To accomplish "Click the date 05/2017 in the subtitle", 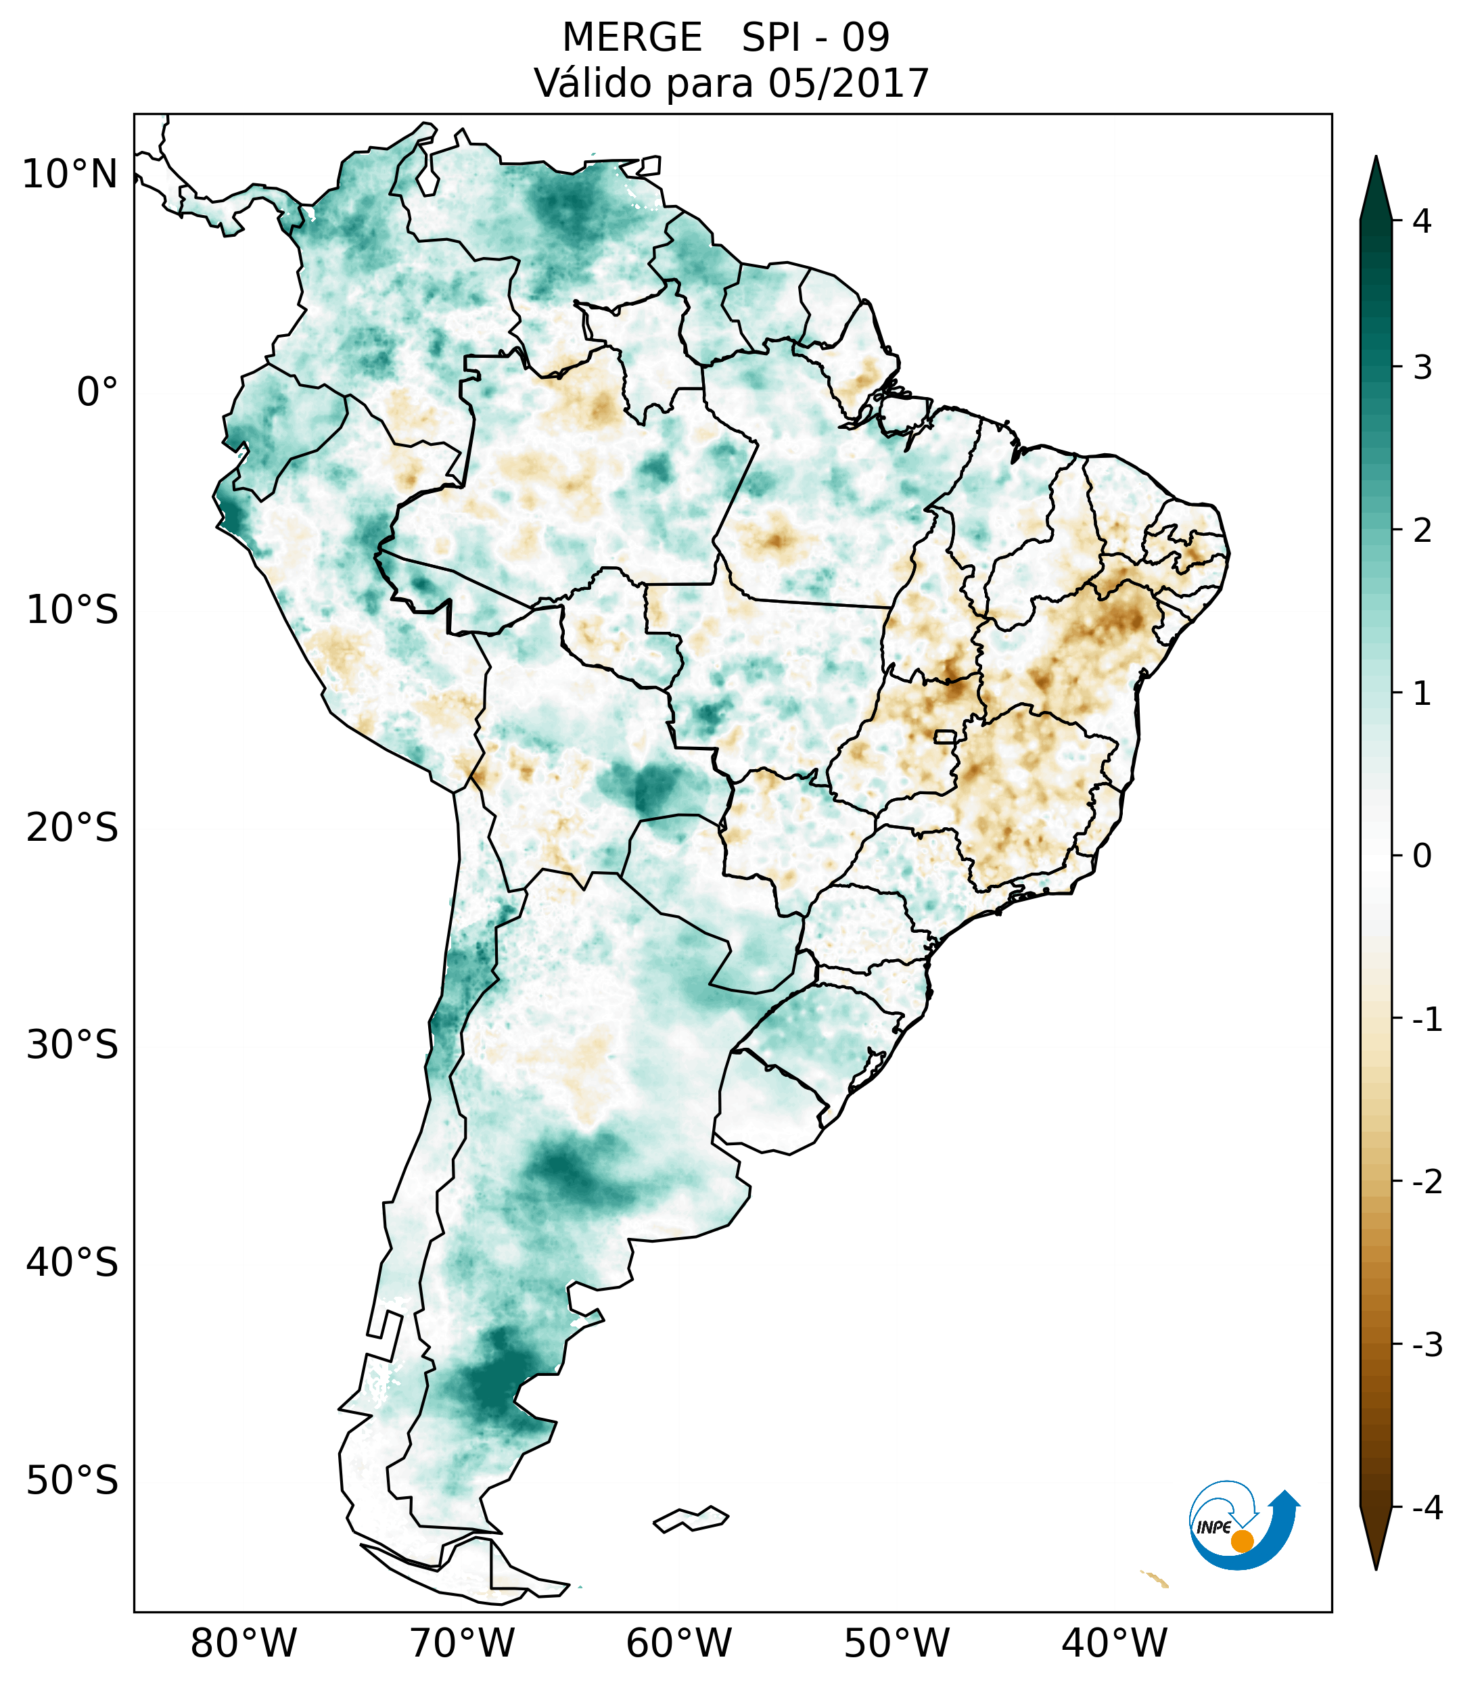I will point(848,83).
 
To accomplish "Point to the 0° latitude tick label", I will point(97,392).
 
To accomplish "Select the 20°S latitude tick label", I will point(72,828).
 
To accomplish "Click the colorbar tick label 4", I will point(1422,221).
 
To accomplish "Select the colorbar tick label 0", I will point(1422,856).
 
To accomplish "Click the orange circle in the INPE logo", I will point(1241,1541).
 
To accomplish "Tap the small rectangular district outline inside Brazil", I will point(946,735).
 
